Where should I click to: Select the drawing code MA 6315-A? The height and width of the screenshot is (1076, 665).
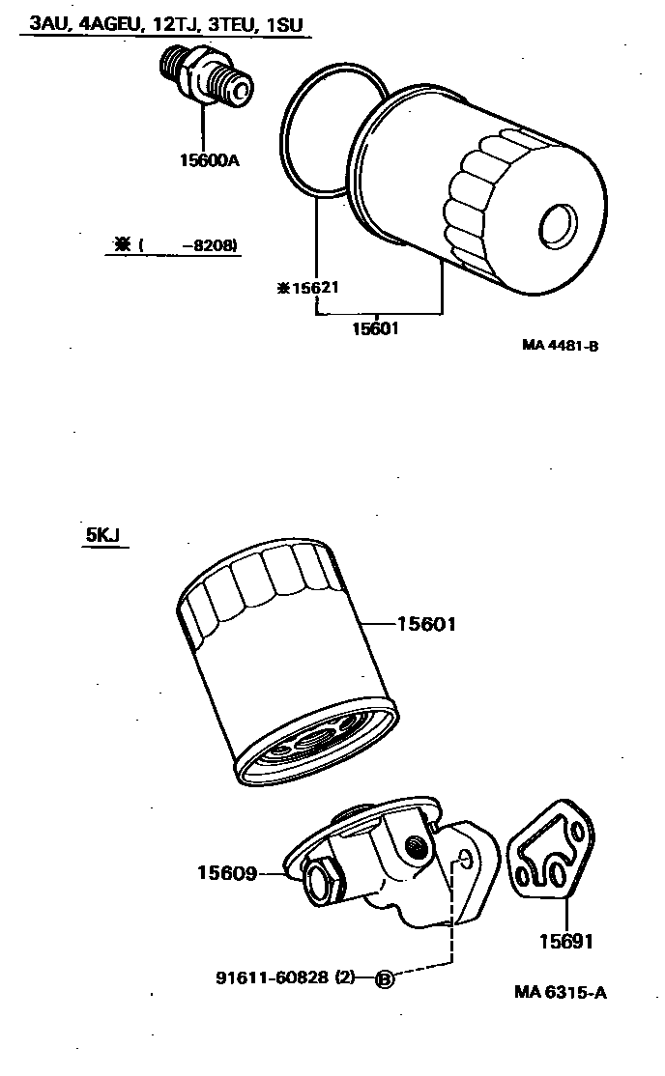561,993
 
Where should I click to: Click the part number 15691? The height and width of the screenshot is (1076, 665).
566,940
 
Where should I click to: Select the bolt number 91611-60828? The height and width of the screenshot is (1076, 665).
272,978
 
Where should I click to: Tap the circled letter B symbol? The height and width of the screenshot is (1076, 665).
384,979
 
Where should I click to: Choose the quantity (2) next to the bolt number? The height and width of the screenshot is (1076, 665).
346,978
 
